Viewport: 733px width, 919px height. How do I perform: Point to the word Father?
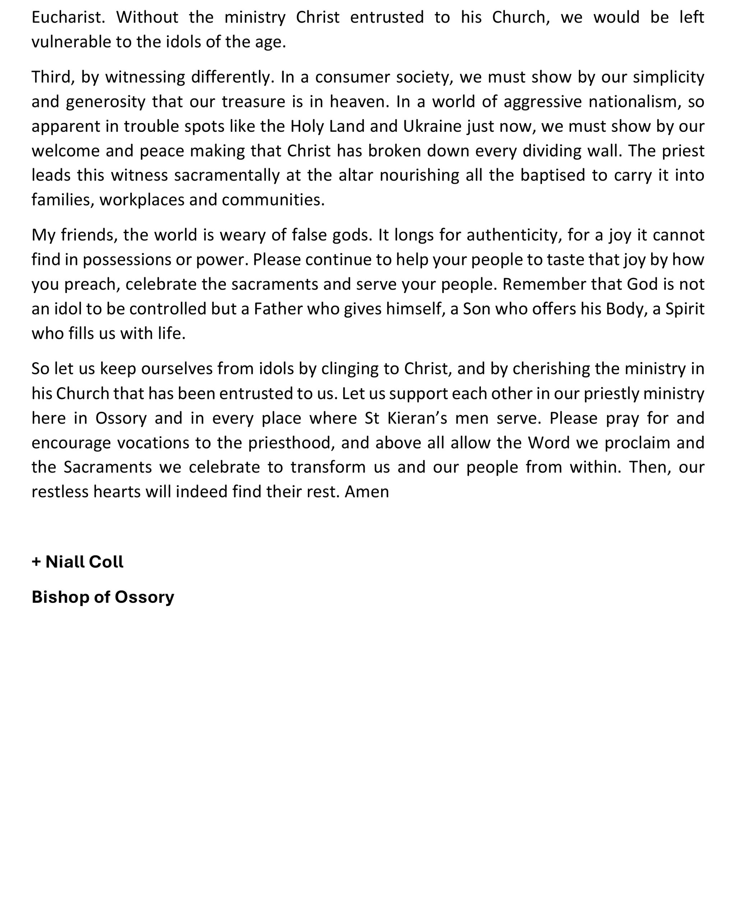tap(278, 309)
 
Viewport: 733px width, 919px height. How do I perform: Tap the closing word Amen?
tap(366, 492)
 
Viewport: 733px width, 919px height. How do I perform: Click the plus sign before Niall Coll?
tap(36, 562)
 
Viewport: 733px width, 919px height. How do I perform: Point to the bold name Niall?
tap(64, 562)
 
